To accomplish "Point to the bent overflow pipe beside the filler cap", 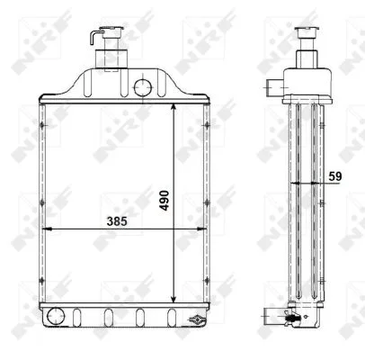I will pos(93,35).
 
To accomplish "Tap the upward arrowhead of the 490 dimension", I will pos(173,101).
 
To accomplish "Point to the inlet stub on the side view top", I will pos(274,87).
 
